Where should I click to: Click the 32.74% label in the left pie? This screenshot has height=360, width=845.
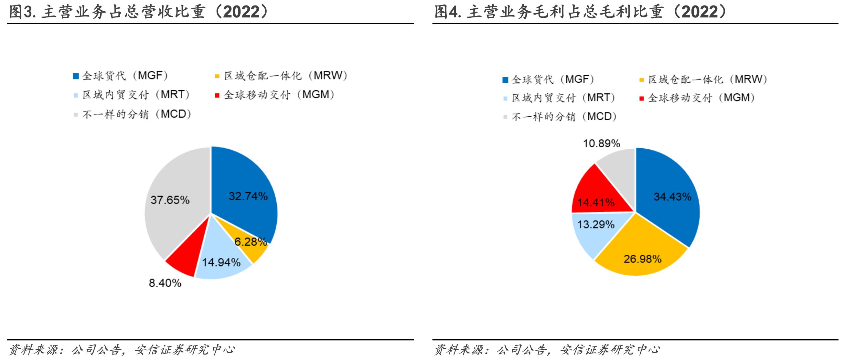pyautogui.click(x=248, y=196)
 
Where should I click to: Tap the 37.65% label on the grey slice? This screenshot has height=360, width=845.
pyautogui.click(x=170, y=200)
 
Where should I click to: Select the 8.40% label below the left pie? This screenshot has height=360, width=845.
pyautogui.click(x=165, y=283)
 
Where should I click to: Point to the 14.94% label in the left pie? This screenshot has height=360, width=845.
pyautogui.click(x=221, y=262)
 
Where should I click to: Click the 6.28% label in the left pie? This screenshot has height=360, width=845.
pyautogui.click(x=251, y=242)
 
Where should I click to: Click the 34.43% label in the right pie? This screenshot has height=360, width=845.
pyautogui.click(x=672, y=197)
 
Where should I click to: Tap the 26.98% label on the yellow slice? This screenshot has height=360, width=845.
pyautogui.click(x=643, y=259)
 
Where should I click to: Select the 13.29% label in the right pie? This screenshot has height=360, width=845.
pyautogui.click(x=596, y=225)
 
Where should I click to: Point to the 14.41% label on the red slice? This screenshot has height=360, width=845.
pyautogui.click(x=596, y=202)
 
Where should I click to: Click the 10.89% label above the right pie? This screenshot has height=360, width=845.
pyautogui.click(x=602, y=143)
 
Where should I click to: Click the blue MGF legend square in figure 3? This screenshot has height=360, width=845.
pyautogui.click(x=76, y=76)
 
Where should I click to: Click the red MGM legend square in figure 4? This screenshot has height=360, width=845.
pyautogui.click(x=642, y=98)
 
